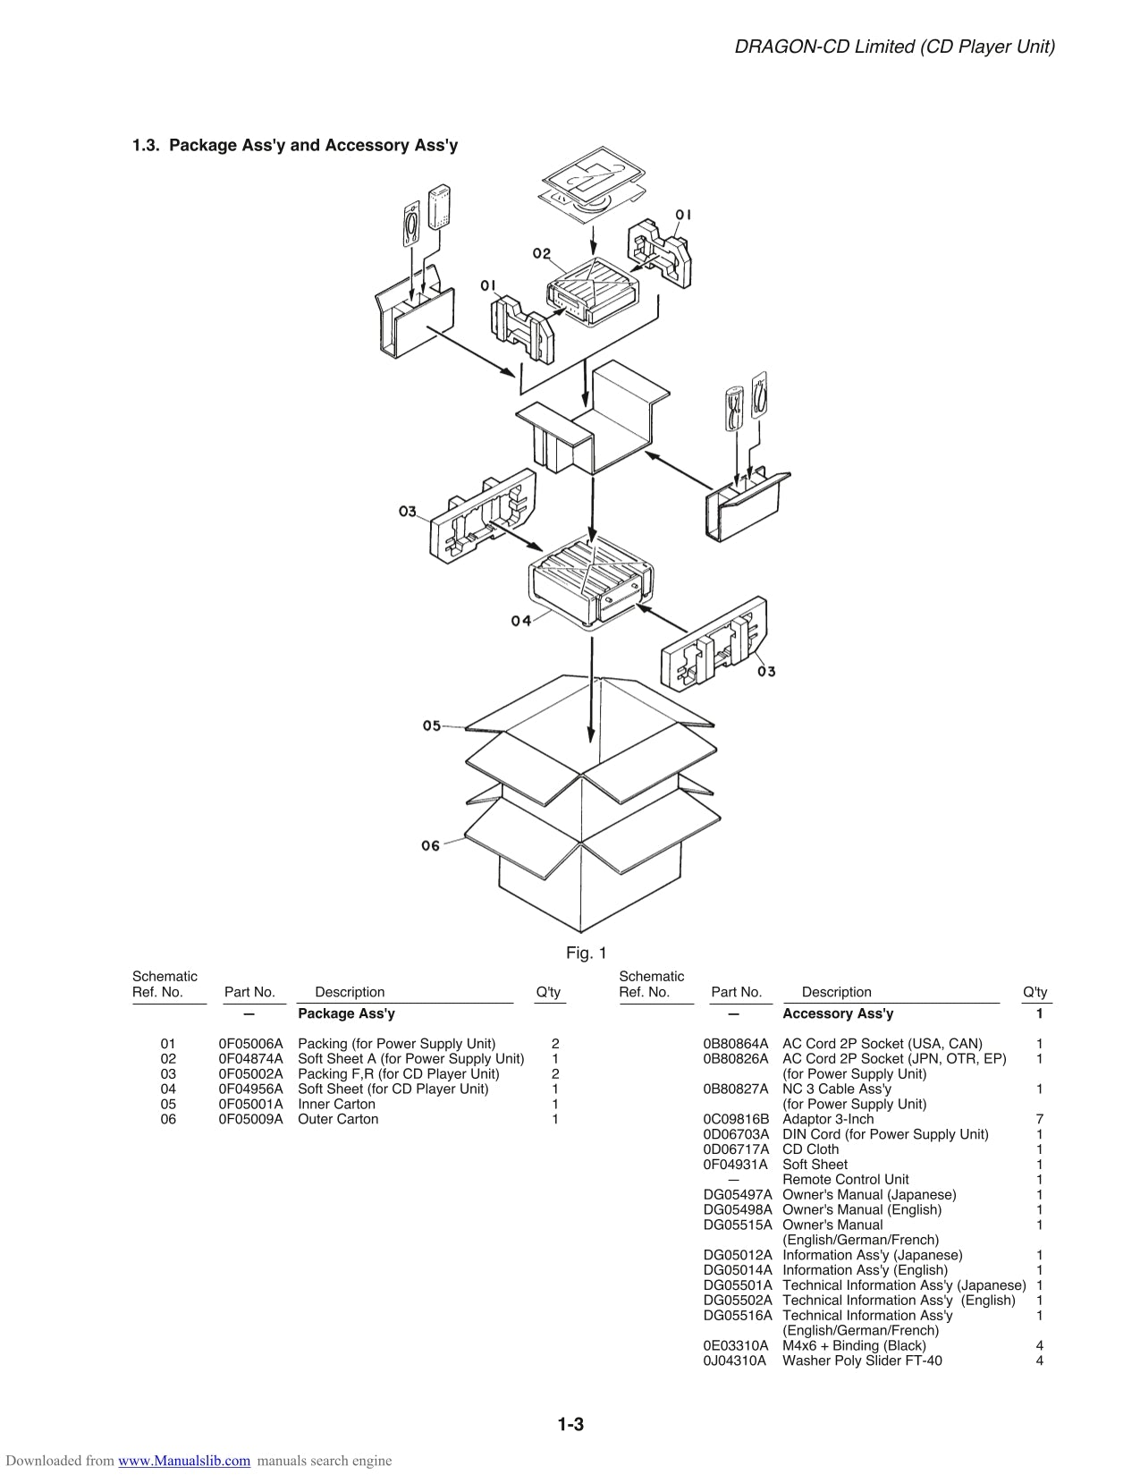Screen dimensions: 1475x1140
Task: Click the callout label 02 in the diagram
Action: click(542, 253)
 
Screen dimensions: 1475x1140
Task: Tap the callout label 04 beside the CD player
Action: click(521, 620)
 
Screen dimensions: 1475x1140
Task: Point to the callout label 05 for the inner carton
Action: click(432, 725)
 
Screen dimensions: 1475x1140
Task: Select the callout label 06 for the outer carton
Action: click(431, 845)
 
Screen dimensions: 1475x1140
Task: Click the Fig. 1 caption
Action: click(586, 953)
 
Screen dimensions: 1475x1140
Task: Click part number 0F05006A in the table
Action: click(250, 1044)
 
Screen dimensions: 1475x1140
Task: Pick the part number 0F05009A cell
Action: click(250, 1119)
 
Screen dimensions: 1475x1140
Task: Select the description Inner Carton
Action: click(336, 1104)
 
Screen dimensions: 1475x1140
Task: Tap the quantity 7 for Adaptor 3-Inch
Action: click(1039, 1119)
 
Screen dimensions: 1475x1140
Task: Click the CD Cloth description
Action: click(810, 1149)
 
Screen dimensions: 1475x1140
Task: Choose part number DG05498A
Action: click(737, 1209)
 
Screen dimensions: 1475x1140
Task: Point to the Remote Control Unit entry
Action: click(845, 1180)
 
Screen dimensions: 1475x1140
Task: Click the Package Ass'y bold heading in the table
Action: click(346, 1013)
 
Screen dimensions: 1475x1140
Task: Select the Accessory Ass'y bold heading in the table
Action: click(837, 1013)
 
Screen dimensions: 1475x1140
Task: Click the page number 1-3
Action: click(570, 1425)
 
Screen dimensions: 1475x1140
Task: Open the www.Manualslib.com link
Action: click(184, 1461)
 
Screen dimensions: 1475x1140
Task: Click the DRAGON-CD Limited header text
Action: click(894, 47)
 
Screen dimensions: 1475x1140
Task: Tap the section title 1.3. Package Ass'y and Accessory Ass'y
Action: click(295, 145)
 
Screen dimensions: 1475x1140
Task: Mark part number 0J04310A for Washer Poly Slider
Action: click(735, 1361)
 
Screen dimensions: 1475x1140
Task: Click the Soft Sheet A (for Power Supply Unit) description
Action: click(410, 1059)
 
